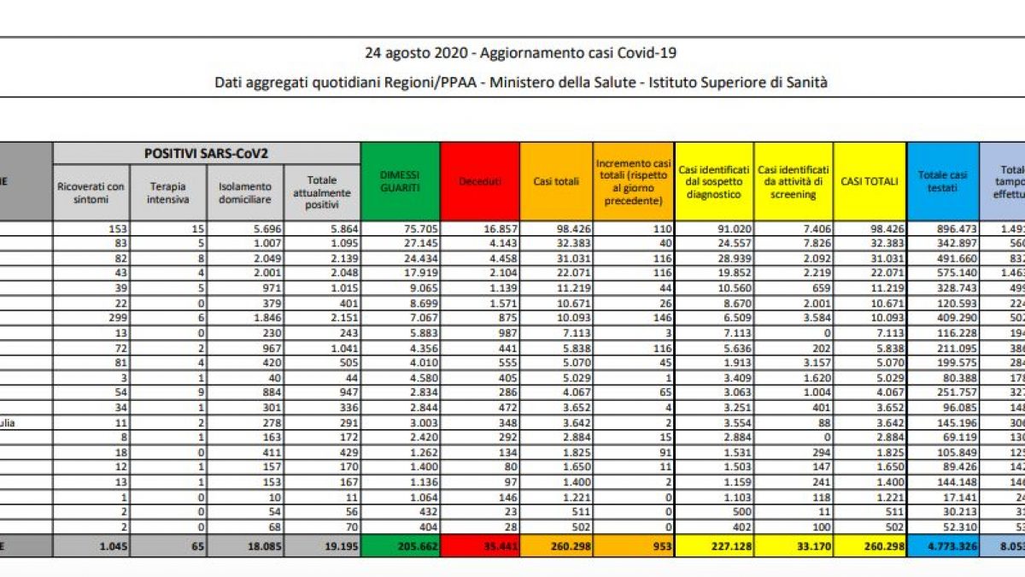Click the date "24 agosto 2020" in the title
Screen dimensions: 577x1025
coord(416,53)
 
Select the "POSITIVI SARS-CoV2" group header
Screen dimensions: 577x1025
coord(206,153)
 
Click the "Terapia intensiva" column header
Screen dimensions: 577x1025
coord(168,193)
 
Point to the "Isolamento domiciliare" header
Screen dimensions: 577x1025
coord(245,193)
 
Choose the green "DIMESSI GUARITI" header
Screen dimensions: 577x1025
coord(401,181)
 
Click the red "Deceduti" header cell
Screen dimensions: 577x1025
coord(480,181)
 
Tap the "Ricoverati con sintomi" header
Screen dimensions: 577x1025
coord(90,193)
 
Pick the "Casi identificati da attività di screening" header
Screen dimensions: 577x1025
coord(794,182)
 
